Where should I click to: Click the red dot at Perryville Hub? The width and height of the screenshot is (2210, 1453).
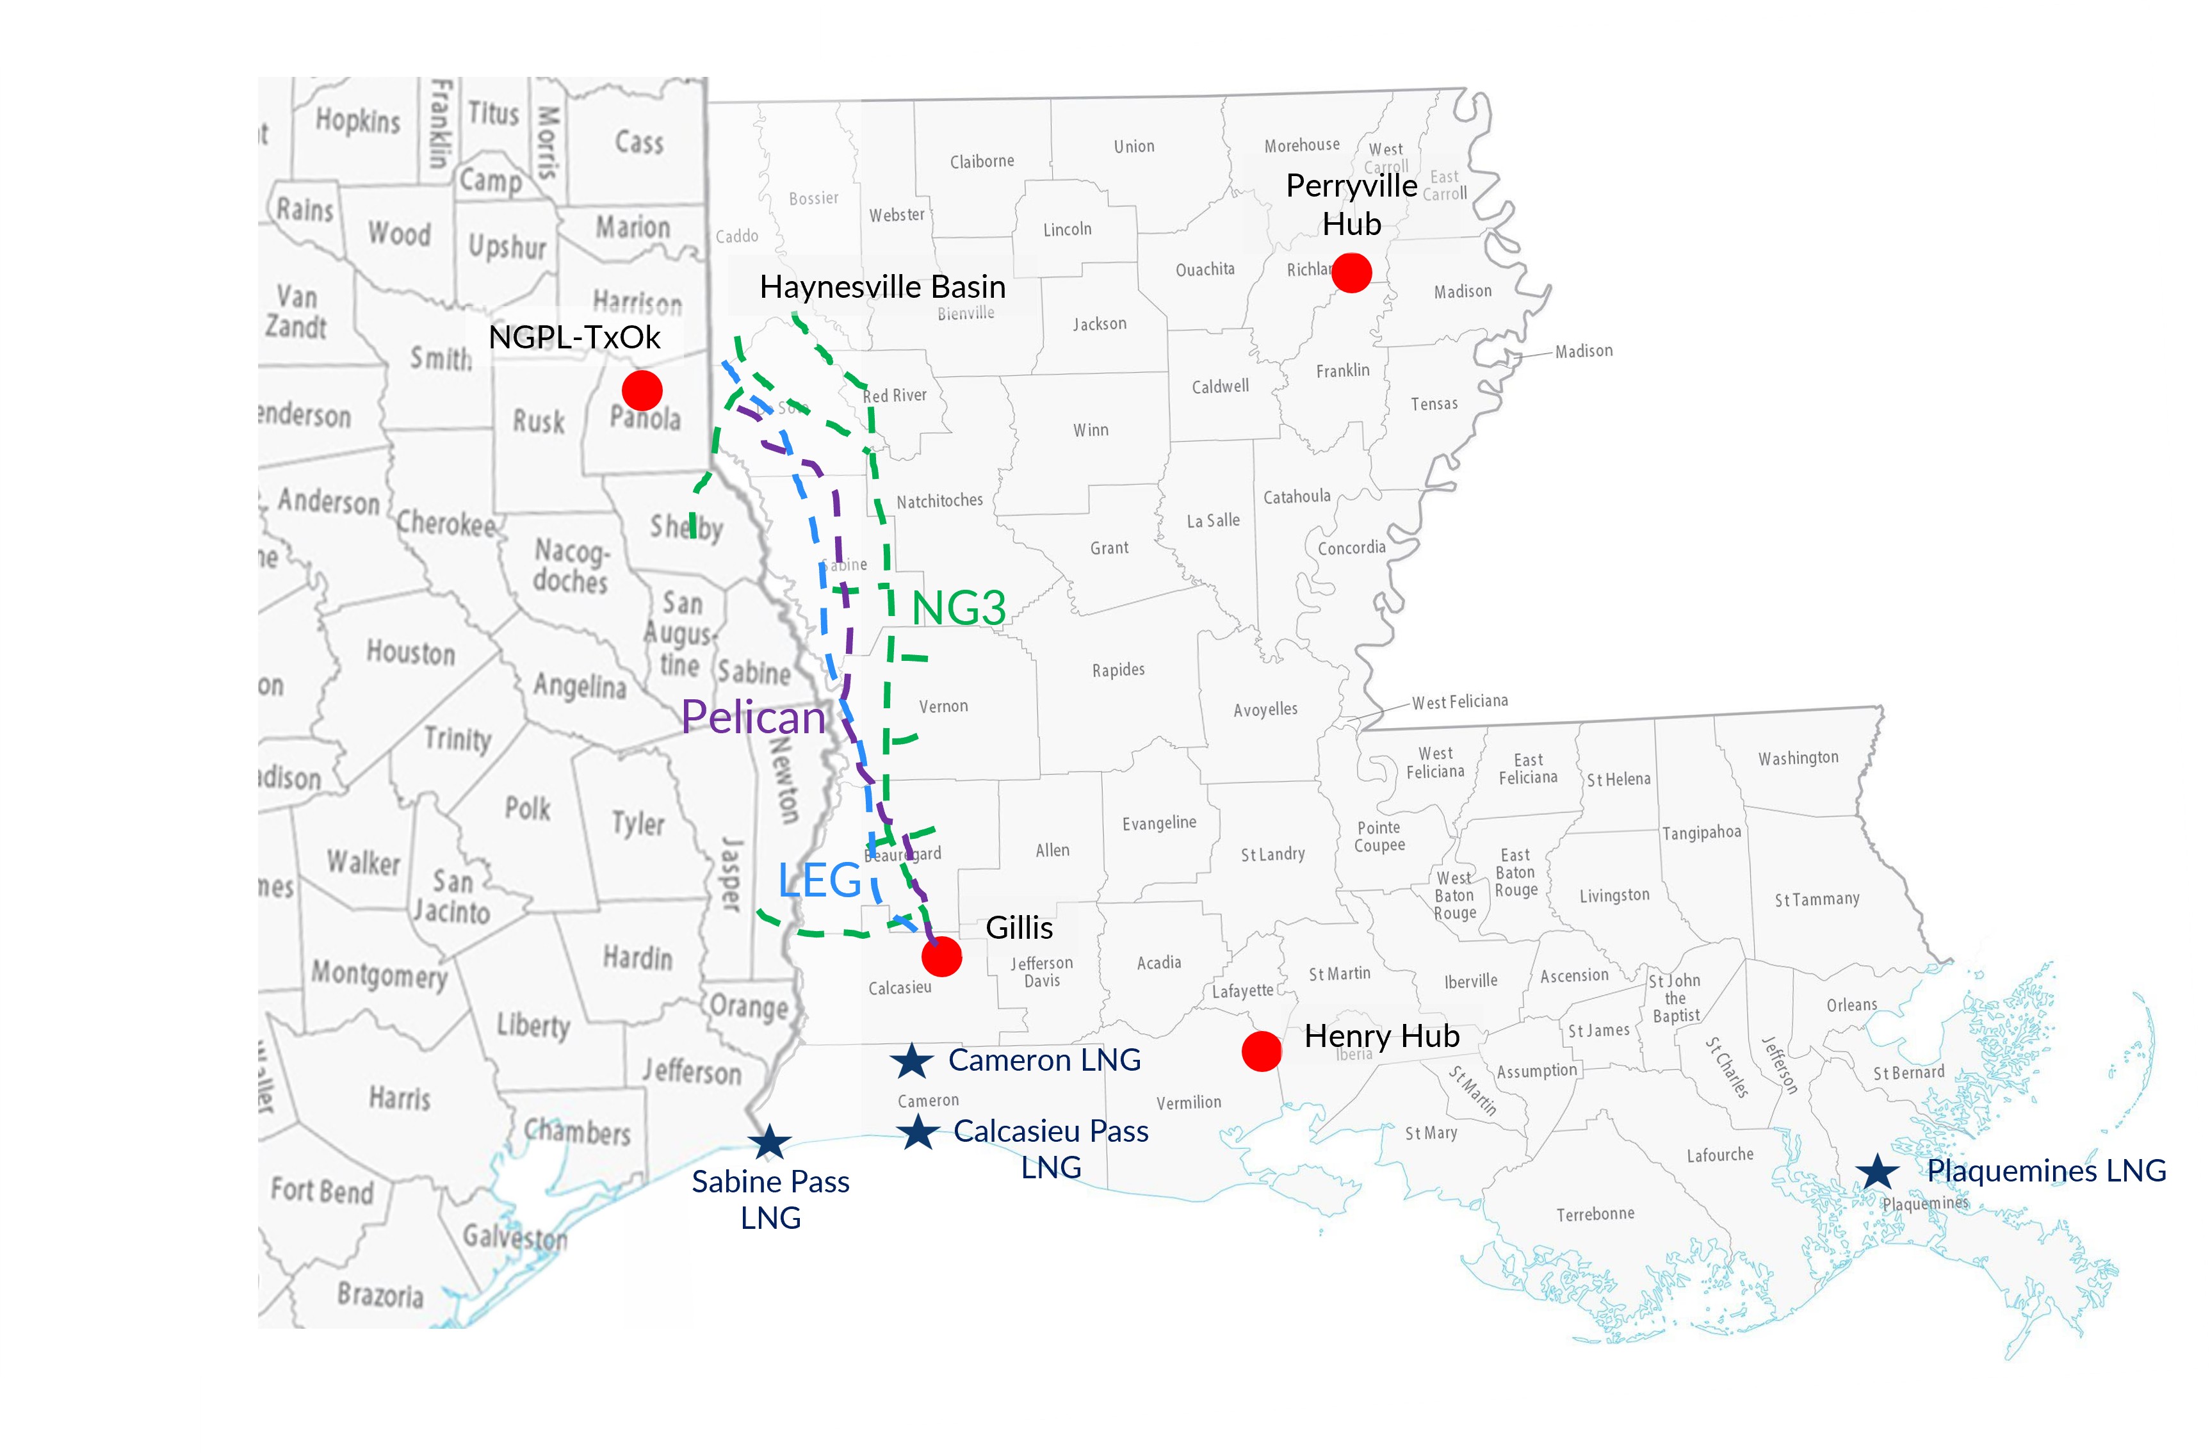(1351, 273)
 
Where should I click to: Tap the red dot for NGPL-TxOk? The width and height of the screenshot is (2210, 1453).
(642, 390)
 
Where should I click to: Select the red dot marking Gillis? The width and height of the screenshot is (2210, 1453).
(941, 956)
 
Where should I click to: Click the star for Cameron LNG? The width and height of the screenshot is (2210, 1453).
(912, 1061)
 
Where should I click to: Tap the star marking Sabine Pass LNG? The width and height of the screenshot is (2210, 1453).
(770, 1143)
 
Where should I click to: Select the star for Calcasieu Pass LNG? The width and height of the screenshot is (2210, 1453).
(918, 1132)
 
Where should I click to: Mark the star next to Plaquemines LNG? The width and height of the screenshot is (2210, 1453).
(1878, 1172)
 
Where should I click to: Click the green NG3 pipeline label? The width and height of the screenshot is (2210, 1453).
(958, 609)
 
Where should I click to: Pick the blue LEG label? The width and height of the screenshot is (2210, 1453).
(820, 880)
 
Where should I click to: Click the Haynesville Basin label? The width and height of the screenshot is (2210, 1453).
(882, 287)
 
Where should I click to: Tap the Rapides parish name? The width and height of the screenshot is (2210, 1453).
(1118, 669)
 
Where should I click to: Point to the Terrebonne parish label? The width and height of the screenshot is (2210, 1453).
(1595, 1214)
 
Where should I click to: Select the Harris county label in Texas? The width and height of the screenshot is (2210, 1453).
(400, 1098)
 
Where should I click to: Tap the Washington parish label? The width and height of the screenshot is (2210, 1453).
(1798, 758)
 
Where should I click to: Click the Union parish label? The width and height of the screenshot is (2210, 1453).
(1133, 147)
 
